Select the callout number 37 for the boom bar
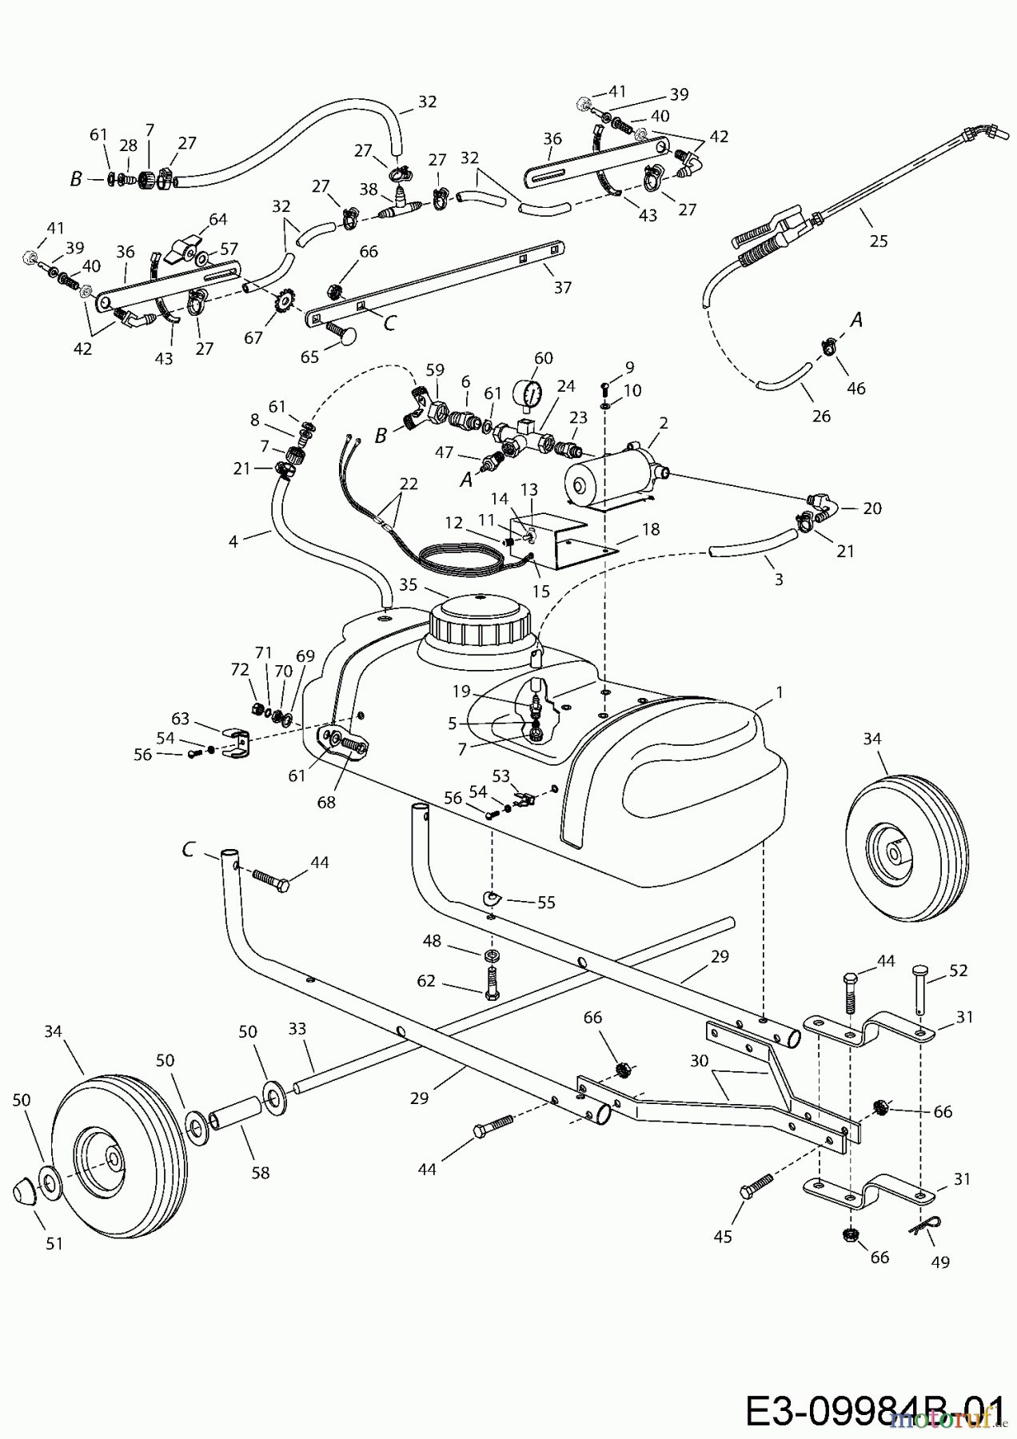coord(563,288)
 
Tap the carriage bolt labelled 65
coord(342,330)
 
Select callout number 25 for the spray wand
coord(879,241)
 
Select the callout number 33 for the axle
coord(297,1030)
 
